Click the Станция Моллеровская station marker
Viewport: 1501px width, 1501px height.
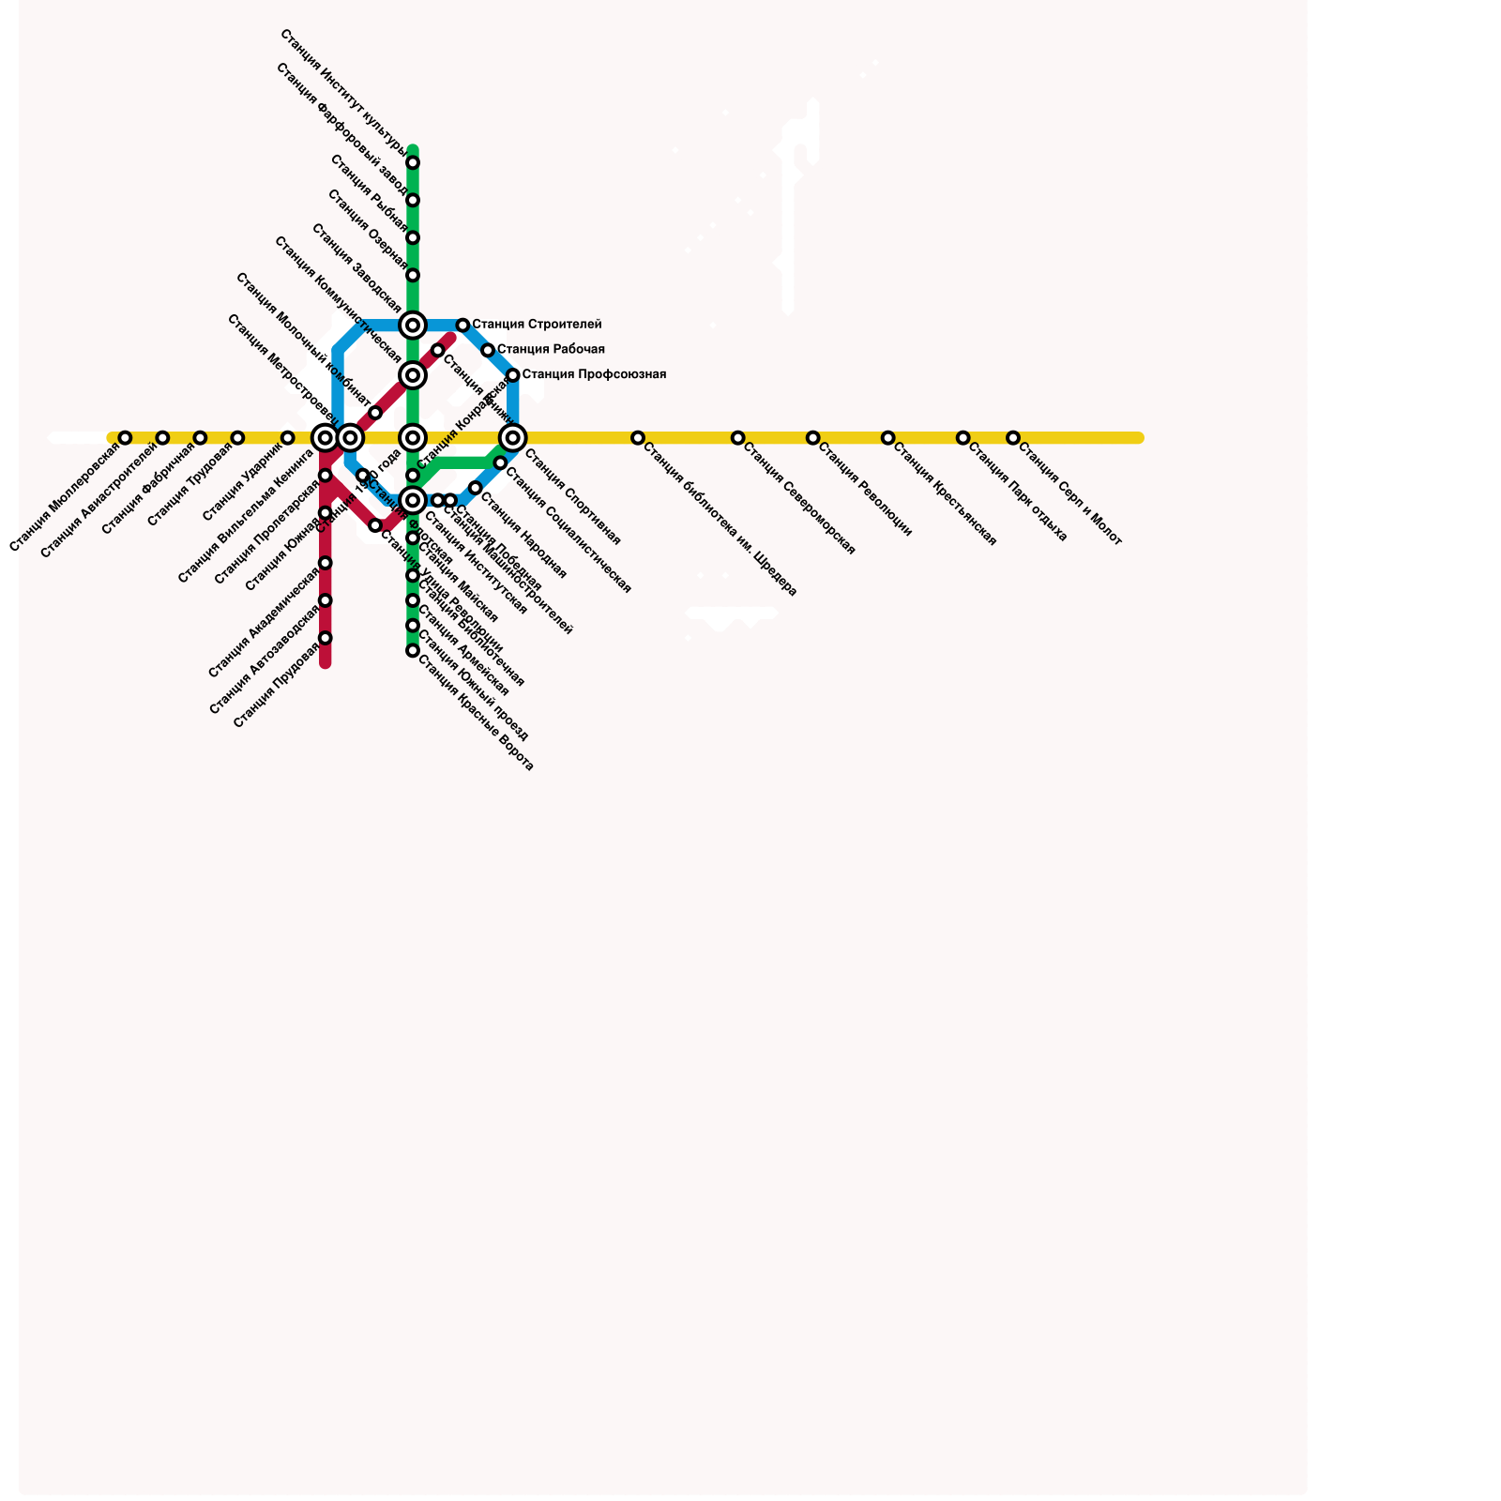tap(125, 438)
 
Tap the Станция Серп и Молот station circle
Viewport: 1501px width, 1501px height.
tap(1013, 438)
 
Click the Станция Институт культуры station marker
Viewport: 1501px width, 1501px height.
tap(413, 163)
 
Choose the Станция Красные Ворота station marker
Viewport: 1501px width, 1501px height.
tap(413, 650)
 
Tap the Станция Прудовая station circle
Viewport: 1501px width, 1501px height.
tap(325, 638)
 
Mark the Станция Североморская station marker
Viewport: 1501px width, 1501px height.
tap(738, 438)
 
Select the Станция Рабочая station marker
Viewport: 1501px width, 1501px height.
tap(488, 350)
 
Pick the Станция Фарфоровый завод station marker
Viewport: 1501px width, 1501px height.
tap(413, 201)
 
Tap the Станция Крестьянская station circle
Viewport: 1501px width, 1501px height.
tap(888, 438)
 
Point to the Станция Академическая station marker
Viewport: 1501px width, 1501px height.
tap(325, 563)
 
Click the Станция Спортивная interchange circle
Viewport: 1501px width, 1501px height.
tap(513, 438)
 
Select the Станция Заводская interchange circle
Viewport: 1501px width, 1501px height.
tap(413, 326)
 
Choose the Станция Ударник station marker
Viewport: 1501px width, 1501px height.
tap(288, 438)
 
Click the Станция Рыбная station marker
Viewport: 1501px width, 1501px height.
tap(413, 238)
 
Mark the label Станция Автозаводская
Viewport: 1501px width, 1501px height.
tap(265, 661)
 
